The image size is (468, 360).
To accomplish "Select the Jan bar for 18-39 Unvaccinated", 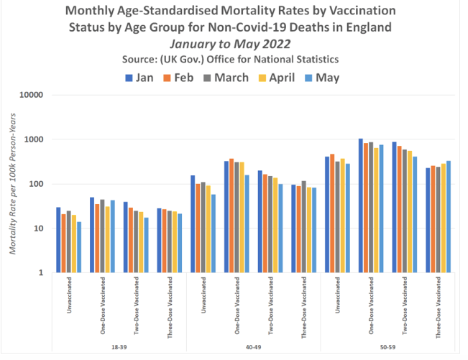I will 58,240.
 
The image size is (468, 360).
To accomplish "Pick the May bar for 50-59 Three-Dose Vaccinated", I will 449,216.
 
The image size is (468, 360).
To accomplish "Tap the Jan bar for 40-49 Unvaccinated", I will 193,223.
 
